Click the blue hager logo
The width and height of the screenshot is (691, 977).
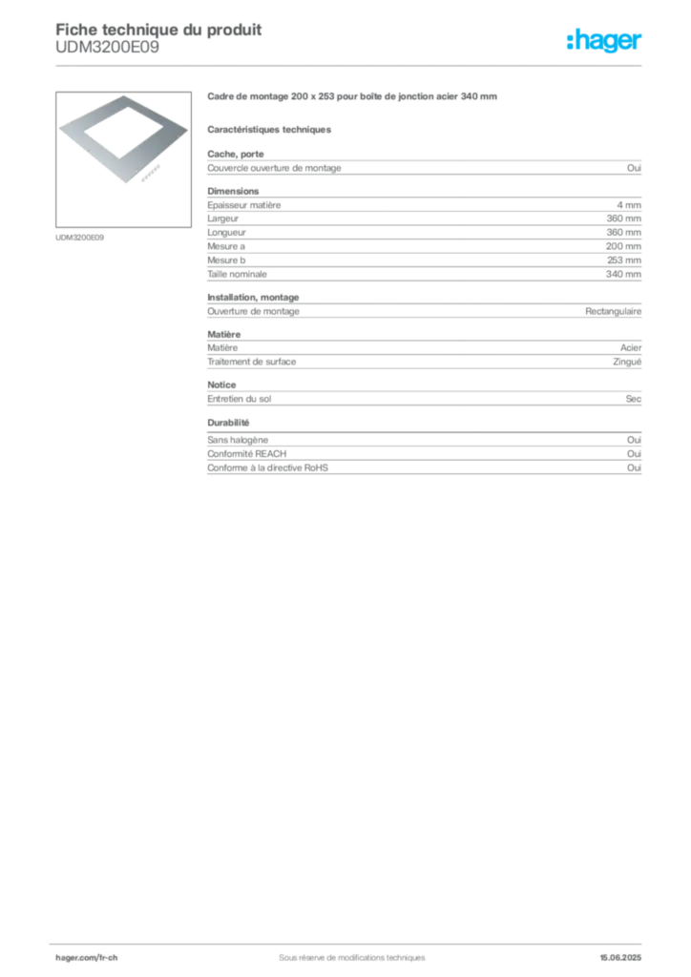click(606, 41)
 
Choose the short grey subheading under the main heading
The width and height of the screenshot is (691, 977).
click(271, 129)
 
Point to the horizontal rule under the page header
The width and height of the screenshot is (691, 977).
click(351, 65)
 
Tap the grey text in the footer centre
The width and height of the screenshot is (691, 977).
click(344, 951)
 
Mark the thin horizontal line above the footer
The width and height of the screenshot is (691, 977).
click(351, 939)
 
